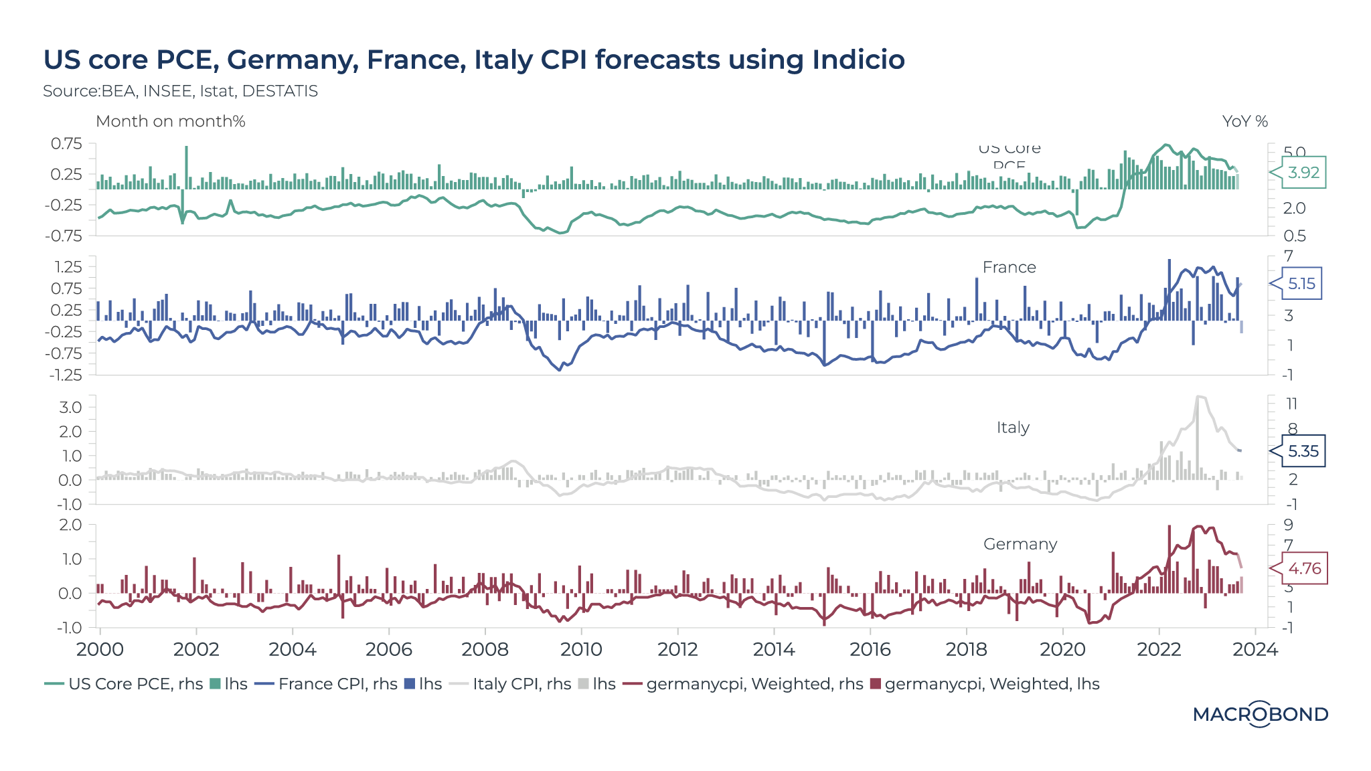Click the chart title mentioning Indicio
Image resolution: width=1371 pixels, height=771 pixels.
[x=474, y=60]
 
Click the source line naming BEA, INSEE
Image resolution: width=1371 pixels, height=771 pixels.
[x=180, y=91]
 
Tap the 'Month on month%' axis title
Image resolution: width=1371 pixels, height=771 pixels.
[x=171, y=121]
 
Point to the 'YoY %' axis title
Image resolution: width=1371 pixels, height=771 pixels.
[x=1244, y=121]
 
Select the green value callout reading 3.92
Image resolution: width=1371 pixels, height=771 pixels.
[x=1303, y=173]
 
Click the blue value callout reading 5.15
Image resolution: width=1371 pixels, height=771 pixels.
[x=1301, y=284]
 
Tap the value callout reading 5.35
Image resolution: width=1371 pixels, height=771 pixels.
[x=1303, y=451]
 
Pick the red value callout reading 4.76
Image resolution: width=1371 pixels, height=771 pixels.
[x=1304, y=569]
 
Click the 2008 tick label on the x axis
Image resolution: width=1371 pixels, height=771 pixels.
[x=485, y=649]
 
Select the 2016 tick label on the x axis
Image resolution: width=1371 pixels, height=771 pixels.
[x=870, y=649]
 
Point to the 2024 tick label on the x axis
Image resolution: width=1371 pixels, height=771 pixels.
[x=1255, y=649]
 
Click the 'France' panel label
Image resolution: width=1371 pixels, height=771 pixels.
[x=1009, y=268]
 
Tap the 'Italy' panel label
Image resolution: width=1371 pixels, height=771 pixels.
[x=1012, y=428]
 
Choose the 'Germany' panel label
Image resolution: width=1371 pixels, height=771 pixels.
[x=1020, y=544]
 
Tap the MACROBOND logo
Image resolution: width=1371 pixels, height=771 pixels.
[x=1260, y=714]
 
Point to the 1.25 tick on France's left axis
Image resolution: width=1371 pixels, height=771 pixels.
[x=68, y=267]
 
